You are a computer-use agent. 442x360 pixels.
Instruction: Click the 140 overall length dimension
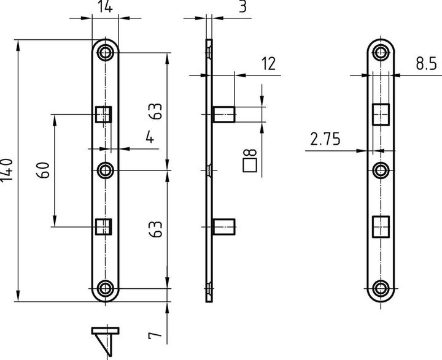7,170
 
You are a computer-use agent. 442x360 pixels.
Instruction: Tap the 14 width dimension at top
104,8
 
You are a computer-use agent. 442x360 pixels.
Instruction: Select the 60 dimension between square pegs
44,169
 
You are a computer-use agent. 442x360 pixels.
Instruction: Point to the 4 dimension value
149,137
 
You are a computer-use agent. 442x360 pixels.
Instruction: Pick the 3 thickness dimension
244,8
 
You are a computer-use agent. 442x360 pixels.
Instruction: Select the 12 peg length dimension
267,63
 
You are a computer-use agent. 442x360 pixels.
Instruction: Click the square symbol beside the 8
249,165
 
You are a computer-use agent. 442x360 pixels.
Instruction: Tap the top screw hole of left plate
107,52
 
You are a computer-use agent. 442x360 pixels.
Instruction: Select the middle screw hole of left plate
107,169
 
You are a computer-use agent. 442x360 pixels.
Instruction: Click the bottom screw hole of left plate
107,288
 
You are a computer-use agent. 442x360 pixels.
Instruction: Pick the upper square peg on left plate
103,114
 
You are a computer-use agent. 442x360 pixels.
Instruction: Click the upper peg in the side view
225,114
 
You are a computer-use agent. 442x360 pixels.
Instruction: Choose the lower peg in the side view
225,226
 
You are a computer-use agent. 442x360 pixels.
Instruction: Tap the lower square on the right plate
381,226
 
